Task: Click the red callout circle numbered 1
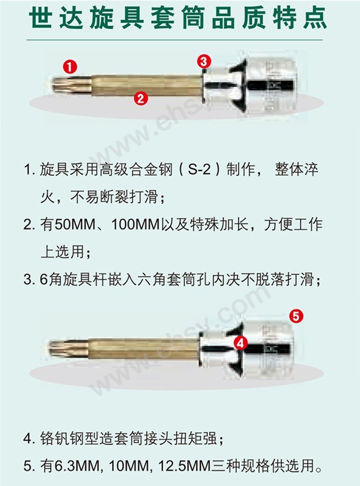coord(70,67)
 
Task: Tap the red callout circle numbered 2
coord(141,98)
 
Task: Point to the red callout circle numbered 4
coord(241,342)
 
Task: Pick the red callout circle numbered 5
coord(296,316)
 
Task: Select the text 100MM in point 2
coord(135,225)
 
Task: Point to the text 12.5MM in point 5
coord(185,466)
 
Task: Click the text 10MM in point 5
coord(130,466)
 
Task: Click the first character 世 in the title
coord(40,18)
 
